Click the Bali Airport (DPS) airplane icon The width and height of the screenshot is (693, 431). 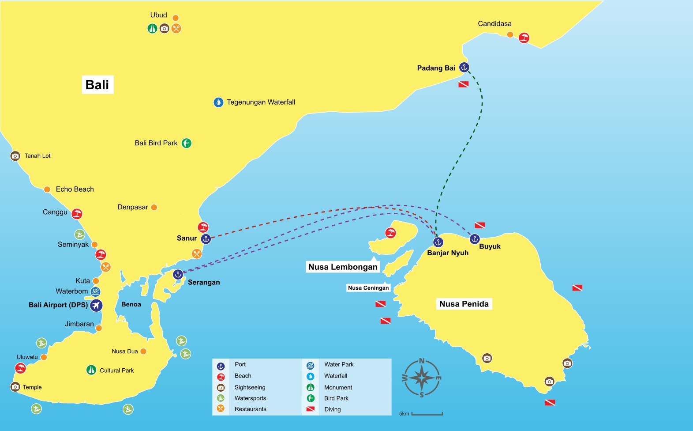tap(96, 305)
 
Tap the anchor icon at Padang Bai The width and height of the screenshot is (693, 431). tap(464, 67)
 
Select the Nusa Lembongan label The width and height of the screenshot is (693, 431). tap(343, 267)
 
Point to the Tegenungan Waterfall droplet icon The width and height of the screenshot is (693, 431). tap(218, 102)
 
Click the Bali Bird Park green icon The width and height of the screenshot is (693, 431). tap(187, 143)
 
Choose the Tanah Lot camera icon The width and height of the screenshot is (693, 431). tap(15, 156)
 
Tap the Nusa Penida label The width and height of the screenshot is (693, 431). tap(464, 304)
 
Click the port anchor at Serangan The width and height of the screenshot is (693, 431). tap(178, 274)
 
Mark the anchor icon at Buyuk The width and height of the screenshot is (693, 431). tap(474, 239)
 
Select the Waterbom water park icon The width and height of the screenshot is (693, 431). tap(95, 291)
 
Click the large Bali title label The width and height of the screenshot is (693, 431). tap(97, 84)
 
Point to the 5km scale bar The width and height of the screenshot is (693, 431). tap(427, 414)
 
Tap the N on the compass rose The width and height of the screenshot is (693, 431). tap(422, 361)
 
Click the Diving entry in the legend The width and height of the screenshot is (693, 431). tap(332, 409)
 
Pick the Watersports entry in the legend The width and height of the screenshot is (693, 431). tap(250, 398)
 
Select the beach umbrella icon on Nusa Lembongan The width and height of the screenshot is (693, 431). tap(390, 232)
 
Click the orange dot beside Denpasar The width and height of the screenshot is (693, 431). tap(154, 207)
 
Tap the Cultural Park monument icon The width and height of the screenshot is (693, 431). tap(91, 370)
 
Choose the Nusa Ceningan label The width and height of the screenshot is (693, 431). tap(368, 288)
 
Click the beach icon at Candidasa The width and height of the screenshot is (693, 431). tap(524, 38)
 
